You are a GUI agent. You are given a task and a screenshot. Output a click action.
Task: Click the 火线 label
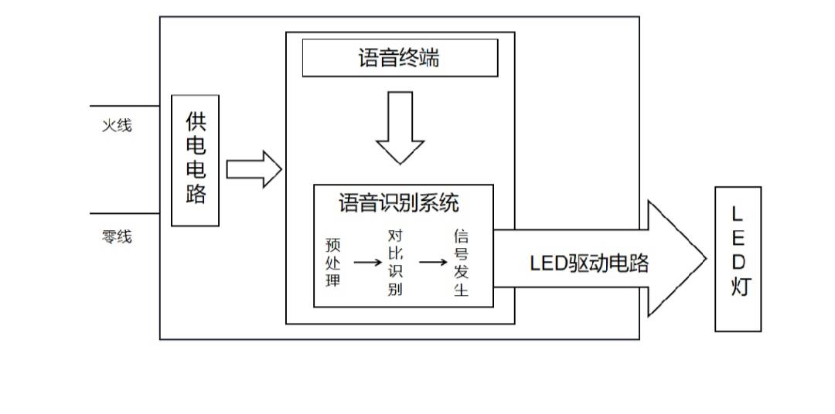[x=117, y=125]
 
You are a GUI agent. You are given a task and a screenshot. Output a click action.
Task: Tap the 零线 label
[x=117, y=236]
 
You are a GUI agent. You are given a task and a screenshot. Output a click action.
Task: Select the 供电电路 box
[x=195, y=160]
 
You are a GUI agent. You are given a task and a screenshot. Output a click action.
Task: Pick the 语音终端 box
[x=399, y=58]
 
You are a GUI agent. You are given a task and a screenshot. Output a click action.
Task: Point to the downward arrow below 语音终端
[x=400, y=127]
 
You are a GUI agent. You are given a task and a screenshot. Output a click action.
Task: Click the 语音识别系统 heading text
[x=399, y=203]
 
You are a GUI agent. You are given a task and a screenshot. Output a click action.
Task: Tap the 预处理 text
[x=333, y=263]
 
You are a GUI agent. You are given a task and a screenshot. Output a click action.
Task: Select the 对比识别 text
[x=395, y=263]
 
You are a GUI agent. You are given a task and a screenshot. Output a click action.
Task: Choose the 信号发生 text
[x=461, y=263]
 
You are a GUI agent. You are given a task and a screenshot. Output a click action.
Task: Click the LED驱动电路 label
[x=588, y=263]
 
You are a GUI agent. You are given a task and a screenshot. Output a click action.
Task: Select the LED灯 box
[x=738, y=259]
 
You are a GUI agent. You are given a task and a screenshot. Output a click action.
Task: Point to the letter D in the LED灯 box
[x=738, y=262]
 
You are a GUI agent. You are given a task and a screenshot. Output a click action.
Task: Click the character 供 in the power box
[x=196, y=121]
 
